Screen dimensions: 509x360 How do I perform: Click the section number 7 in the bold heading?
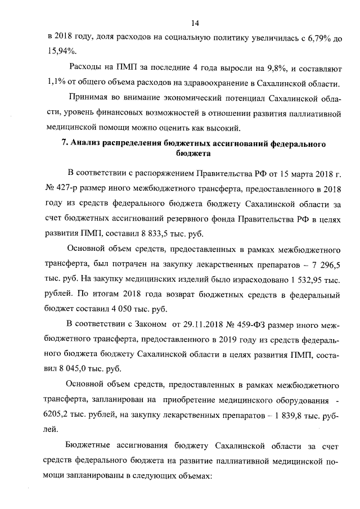click(64, 143)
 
